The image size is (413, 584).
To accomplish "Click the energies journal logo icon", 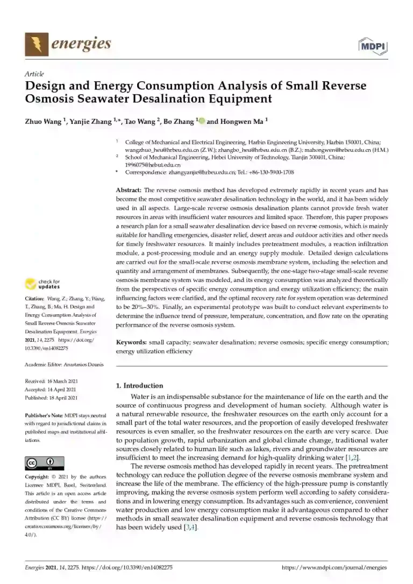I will pyautogui.click(x=36, y=44).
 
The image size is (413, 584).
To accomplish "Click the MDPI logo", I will pyautogui.click(x=373, y=47).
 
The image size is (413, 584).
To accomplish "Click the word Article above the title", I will pyautogui.click(x=34, y=74).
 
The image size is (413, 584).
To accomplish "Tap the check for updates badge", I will pyautogui.click(x=44, y=284).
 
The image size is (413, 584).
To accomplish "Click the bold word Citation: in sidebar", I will pyautogui.click(x=36, y=298).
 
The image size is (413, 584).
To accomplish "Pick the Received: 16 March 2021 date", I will pyautogui.click(x=51, y=381).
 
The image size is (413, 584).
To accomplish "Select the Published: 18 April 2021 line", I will pyautogui.click(x=52, y=398).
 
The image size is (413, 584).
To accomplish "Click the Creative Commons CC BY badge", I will pyautogui.click(x=45, y=462).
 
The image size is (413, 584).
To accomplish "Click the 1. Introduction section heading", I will pyautogui.click(x=139, y=385).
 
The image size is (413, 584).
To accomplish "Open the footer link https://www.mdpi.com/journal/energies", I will pyautogui.click(x=334, y=567).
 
